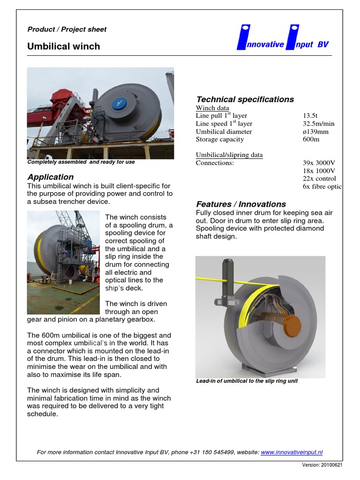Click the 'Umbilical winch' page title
(x=64, y=46)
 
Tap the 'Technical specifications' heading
(x=245, y=99)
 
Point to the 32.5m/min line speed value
(x=319, y=124)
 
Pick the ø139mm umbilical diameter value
(x=316, y=132)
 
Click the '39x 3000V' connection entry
(x=319, y=163)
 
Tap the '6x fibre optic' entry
(x=322, y=187)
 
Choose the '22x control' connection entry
(x=319, y=179)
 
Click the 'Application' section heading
(x=50, y=177)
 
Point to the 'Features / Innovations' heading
(x=240, y=204)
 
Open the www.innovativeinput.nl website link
(x=292, y=452)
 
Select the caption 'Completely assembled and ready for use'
(x=81, y=162)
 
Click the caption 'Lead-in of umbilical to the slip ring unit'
(x=247, y=381)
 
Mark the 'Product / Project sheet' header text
(x=67, y=29)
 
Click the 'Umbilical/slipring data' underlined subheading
(x=229, y=155)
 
